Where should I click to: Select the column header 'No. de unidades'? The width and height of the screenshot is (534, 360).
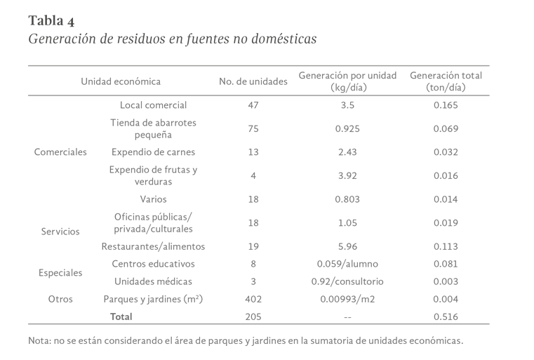coord(253,81)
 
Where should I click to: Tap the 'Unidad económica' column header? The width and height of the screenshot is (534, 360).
coord(121,81)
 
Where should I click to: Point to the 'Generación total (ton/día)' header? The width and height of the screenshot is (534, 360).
coord(446,81)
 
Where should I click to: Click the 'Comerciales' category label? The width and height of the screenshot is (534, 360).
coord(60,152)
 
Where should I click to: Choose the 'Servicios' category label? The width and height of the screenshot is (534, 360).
coord(60,232)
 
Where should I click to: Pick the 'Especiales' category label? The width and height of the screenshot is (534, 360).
coord(60,273)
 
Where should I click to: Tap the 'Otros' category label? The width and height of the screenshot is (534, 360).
coord(60,299)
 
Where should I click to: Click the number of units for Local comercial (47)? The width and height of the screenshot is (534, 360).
coord(253,105)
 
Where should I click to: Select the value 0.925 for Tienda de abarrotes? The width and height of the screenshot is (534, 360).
coord(348,128)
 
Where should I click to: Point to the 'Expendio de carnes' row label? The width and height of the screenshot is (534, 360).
coord(153,152)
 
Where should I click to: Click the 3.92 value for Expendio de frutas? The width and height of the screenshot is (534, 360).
coord(348,175)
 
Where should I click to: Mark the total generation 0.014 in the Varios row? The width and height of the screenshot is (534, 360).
coord(446,199)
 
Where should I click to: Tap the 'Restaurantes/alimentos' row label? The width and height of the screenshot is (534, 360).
coord(153,247)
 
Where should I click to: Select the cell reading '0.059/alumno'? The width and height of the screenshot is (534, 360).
coord(348,265)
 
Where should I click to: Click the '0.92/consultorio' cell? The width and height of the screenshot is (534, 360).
coord(348,282)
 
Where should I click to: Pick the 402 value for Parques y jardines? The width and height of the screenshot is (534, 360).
coord(253,300)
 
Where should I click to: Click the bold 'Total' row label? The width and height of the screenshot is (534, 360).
coord(121,317)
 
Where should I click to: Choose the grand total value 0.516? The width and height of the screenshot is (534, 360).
coord(446,317)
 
